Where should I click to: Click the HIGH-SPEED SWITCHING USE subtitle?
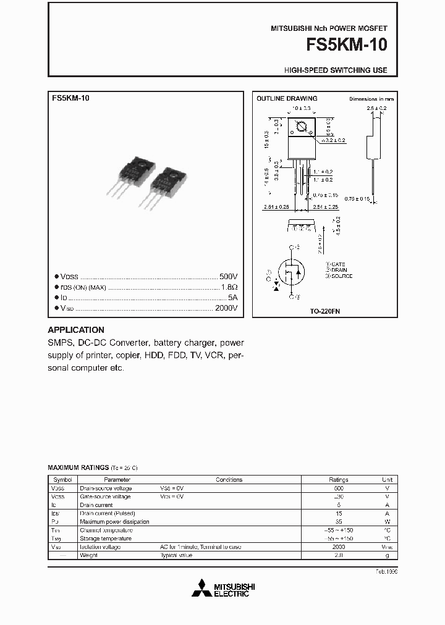tap(336, 70)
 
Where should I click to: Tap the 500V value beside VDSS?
tap(228, 277)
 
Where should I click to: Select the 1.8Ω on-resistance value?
tap(229, 287)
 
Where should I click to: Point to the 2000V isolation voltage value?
tap(226, 308)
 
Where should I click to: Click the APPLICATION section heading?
tap(76, 330)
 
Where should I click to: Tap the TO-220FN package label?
tap(325, 312)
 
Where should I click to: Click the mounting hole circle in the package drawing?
tap(302, 127)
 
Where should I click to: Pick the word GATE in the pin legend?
tap(339, 264)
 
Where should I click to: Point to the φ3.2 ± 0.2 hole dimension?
tap(334, 141)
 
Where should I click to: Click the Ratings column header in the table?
tap(338, 479)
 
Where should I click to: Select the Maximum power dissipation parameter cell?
tap(114, 522)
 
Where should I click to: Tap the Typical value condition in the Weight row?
tap(177, 555)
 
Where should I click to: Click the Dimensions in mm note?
tap(371, 99)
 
